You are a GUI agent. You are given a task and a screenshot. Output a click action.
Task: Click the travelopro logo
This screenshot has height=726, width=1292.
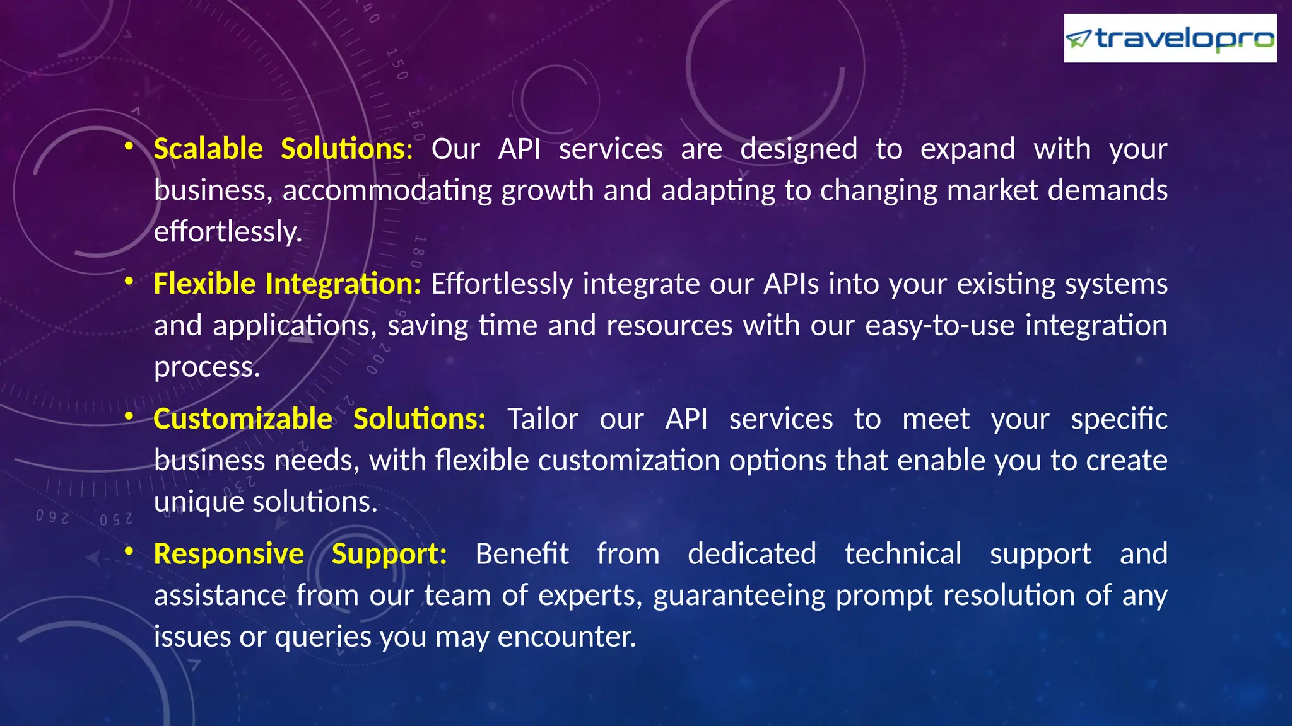click(1170, 38)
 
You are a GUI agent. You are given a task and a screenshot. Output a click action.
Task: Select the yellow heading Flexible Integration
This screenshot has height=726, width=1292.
click(287, 284)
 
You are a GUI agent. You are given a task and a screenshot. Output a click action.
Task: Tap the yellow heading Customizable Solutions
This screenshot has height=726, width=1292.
click(319, 419)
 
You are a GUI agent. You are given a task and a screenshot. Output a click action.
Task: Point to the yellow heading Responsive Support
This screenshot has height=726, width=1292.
click(300, 554)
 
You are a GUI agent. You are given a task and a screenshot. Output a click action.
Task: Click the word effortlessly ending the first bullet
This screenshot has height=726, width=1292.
click(228, 232)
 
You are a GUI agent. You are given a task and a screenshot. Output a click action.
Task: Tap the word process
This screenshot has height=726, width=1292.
click(207, 367)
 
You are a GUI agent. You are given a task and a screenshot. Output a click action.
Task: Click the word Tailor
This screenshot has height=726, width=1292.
click(543, 419)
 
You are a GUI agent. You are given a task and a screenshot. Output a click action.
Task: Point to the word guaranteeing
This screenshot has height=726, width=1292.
click(739, 596)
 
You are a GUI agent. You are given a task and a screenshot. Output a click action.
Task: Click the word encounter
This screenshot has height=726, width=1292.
click(566, 637)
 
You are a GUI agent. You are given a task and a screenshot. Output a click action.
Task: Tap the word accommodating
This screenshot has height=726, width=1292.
click(387, 190)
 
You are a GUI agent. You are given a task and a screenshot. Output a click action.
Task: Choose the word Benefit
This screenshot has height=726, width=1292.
click(522, 554)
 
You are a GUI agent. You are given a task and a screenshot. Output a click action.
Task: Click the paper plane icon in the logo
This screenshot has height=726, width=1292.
click(1078, 39)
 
